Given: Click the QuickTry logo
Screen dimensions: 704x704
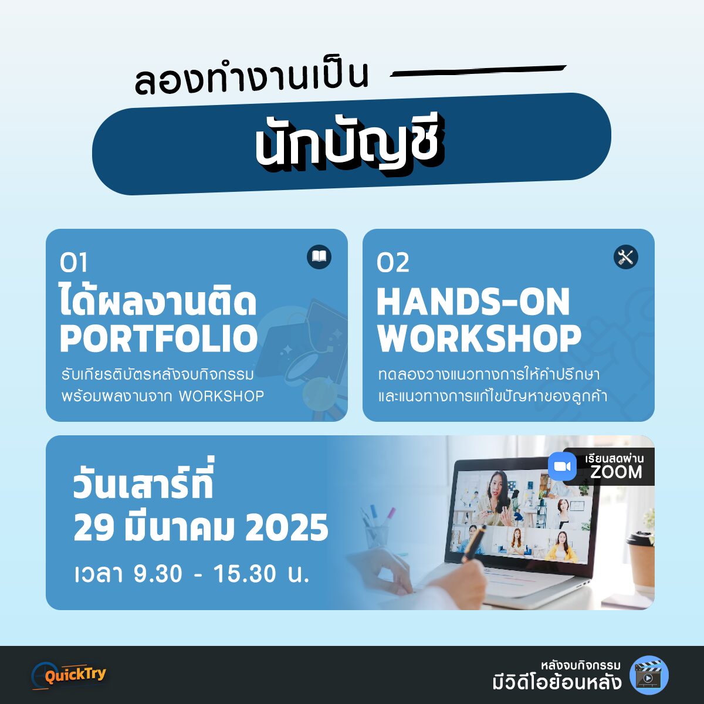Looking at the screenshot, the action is (69, 675).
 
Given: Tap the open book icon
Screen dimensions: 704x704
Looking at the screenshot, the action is (319, 257).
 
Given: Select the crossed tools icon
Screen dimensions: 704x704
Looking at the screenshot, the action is (625, 257).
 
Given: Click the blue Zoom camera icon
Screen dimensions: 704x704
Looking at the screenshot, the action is (562, 466).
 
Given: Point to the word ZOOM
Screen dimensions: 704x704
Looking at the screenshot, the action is (616, 472).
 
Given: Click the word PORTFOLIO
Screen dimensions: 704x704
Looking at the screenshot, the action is (159, 339).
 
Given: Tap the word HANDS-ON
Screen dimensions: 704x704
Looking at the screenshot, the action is (473, 302).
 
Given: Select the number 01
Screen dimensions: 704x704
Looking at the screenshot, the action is (73, 262).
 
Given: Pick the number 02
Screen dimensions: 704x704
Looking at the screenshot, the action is (392, 262).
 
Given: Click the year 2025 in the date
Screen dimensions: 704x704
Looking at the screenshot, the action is (286, 528).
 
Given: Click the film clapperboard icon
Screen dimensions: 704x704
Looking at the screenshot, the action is (649, 675).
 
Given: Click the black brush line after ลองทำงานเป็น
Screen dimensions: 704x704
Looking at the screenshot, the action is (478, 70).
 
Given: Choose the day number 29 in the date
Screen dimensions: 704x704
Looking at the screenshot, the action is (93, 528).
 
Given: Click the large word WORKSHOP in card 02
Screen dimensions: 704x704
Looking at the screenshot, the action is (479, 339).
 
